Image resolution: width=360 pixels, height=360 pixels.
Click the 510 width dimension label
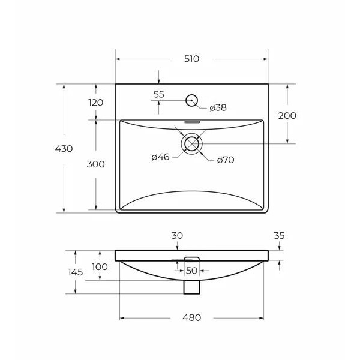pyautogui.click(x=191, y=59)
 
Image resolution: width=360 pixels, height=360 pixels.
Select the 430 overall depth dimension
pyautogui.click(x=63, y=149)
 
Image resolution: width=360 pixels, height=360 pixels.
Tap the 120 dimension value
pyautogui.click(x=96, y=103)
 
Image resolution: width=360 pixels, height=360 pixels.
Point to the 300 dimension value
pyautogui.click(x=96, y=164)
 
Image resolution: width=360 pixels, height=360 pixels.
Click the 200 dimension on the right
pyautogui.click(x=287, y=116)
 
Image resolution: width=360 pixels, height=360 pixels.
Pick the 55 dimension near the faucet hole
pyautogui.click(x=158, y=94)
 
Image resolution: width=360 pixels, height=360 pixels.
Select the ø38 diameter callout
pyautogui.click(x=218, y=108)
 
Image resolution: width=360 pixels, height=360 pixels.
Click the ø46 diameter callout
pyautogui.click(x=160, y=157)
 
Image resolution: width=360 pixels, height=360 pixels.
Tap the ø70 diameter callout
pyautogui.click(x=225, y=160)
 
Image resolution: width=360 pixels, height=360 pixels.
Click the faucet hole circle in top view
pyautogui.click(x=192, y=100)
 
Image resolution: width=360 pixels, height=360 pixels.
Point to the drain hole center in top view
pyautogui.click(x=192, y=143)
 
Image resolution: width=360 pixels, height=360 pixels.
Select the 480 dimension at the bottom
pyautogui.click(x=192, y=317)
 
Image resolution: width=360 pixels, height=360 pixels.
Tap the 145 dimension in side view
pyautogui.click(x=76, y=272)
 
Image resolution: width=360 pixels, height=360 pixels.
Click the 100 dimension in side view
pyautogui.click(x=100, y=267)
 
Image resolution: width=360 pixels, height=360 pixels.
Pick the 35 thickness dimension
pyautogui.click(x=278, y=236)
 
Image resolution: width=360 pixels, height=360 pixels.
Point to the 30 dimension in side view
pyautogui.click(x=177, y=236)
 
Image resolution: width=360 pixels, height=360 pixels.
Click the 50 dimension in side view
pyautogui.click(x=191, y=271)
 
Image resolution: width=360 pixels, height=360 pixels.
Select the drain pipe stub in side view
pyautogui.click(x=191, y=287)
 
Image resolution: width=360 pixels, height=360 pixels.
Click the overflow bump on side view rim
pyautogui.click(x=191, y=259)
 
